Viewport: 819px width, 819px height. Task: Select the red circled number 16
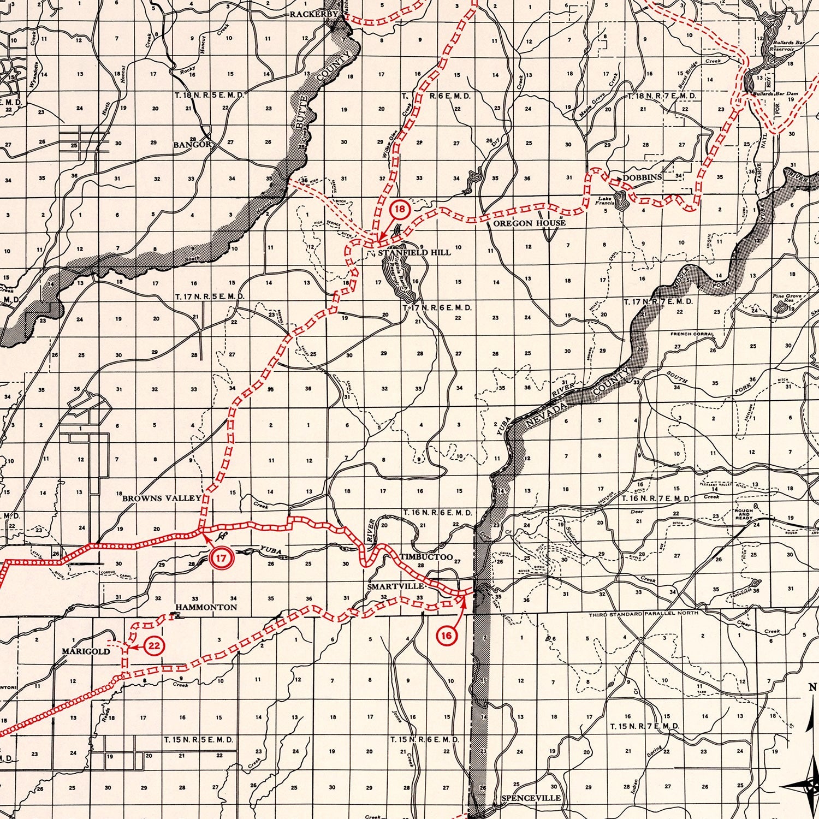click(x=447, y=635)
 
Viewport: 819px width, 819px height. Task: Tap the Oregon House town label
click(x=530, y=223)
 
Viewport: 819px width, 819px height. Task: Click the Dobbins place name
click(x=643, y=177)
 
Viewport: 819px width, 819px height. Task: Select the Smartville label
click(x=396, y=586)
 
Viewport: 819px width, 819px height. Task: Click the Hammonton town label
click(x=206, y=607)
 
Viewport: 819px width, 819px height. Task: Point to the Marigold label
click(x=86, y=651)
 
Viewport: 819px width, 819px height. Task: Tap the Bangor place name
click(x=192, y=145)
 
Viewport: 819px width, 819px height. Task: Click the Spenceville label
click(x=531, y=798)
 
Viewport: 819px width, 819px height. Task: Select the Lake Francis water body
click(x=620, y=200)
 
